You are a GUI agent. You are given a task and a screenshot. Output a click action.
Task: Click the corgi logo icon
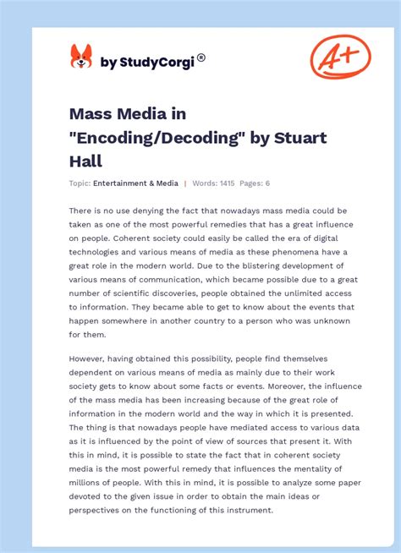(x=81, y=57)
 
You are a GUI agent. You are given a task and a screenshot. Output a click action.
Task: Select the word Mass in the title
(x=91, y=113)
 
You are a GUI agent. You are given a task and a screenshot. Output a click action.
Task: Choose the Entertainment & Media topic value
(x=135, y=183)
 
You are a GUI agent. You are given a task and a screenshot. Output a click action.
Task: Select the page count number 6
(x=268, y=183)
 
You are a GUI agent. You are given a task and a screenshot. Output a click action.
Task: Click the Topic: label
(x=80, y=183)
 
